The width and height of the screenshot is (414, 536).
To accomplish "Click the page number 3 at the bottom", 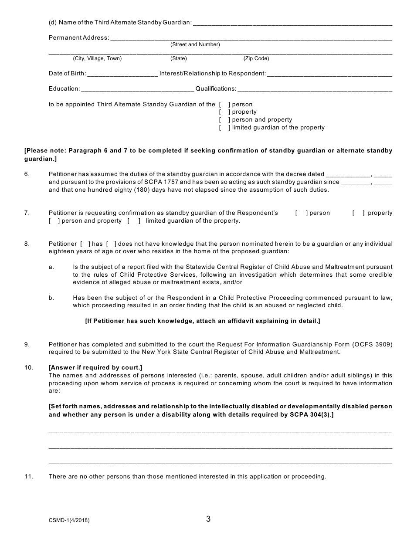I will tap(208, 519).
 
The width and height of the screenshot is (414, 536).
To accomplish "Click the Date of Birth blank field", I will tap(122, 74).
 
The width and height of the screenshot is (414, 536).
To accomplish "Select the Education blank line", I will tap(138, 89).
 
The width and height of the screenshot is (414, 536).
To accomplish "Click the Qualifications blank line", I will tap(315, 89).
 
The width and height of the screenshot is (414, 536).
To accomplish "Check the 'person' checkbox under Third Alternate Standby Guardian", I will tap(223, 105).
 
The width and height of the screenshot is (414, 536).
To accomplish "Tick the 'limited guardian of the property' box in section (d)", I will tap(223, 128).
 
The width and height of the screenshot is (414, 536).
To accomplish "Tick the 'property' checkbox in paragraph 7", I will tap(358, 213).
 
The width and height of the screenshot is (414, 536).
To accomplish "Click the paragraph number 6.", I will tap(27, 174).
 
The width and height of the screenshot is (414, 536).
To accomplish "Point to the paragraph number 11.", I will tap(28, 477).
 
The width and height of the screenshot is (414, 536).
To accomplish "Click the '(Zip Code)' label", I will tap(256, 58).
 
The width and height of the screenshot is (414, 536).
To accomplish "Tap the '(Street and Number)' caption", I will tap(195, 44).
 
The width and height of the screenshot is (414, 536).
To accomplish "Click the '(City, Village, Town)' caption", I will tap(97, 58).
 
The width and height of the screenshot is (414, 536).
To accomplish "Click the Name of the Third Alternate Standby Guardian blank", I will tap(292, 22).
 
